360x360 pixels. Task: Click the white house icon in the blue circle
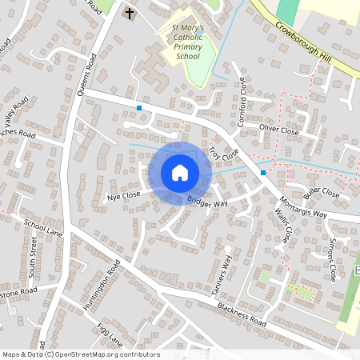tap(179, 172)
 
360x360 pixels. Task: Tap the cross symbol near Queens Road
tap(130, 14)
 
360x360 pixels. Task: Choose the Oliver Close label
tap(278, 130)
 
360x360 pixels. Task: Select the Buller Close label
tap(322, 193)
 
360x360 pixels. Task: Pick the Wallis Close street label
tap(282, 224)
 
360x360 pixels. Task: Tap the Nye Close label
tap(123, 194)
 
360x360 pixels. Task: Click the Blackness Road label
tap(241, 313)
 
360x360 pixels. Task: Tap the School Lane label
tap(43, 229)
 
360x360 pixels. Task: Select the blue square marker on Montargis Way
tap(262, 172)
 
